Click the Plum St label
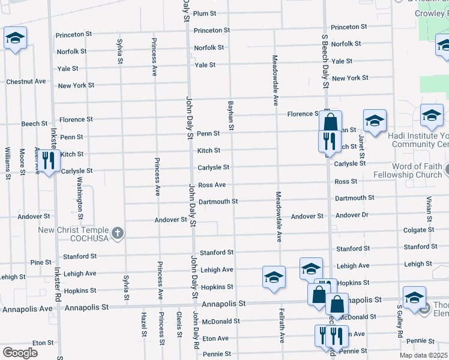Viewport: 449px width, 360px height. pos(204,13)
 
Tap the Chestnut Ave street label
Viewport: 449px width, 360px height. pos(26,81)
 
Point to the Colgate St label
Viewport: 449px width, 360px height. pos(419,230)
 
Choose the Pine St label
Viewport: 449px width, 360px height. pos(41,262)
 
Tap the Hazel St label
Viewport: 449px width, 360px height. pos(144,323)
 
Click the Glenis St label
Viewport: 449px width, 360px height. pos(179,323)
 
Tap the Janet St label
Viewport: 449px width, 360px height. pos(361,143)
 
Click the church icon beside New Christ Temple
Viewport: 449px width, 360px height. pos(118,233)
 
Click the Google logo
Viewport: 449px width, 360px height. pos(20,353)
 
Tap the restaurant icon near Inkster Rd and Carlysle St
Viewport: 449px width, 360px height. pos(49,159)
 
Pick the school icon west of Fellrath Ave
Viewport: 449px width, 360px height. pos(273,277)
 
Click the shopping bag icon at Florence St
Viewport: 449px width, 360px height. pos(330,122)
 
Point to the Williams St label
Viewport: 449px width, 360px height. pos(7,163)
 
